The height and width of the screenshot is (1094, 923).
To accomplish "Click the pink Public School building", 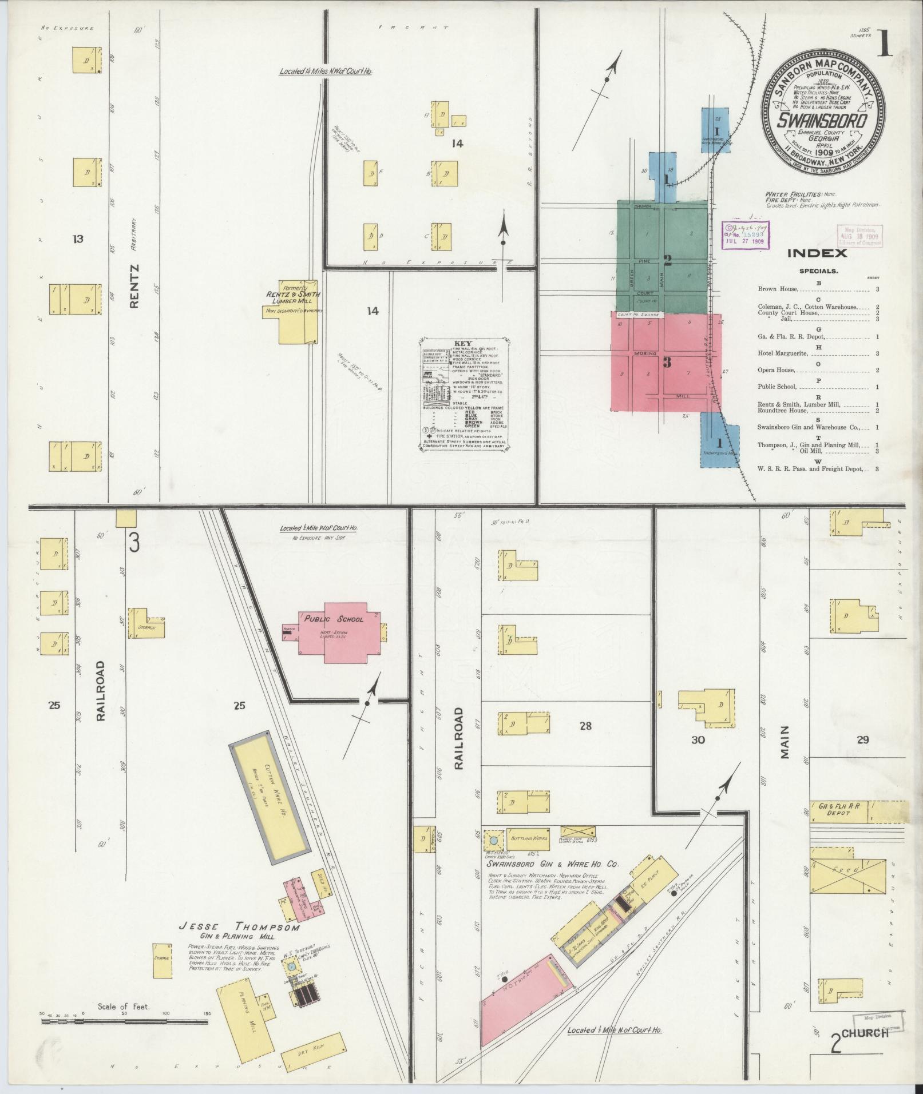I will (342, 631).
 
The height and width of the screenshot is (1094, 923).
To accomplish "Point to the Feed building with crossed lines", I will (849, 886).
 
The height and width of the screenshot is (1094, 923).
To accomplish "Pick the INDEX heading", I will (817, 253).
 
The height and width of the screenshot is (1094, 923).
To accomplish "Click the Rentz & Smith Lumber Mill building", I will (298, 312).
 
